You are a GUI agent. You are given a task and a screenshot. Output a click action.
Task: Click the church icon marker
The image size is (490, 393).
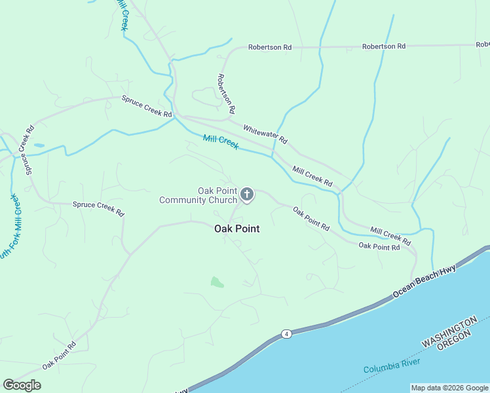pyautogui.click(x=247, y=195)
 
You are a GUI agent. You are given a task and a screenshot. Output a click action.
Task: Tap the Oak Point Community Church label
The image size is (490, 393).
pyautogui.click(x=198, y=195)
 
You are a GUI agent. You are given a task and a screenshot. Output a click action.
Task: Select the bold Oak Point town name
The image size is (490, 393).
pyautogui.click(x=237, y=229)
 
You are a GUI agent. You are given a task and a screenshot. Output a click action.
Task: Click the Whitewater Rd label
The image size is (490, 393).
pyautogui.click(x=265, y=135)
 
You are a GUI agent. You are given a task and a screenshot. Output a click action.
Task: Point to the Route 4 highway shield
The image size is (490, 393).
pyautogui.click(x=287, y=334)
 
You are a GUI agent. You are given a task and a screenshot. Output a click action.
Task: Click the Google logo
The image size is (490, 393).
pyautogui.click(x=22, y=385)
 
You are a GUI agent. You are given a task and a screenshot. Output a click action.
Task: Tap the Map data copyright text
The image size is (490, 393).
pyautogui.click(x=450, y=388)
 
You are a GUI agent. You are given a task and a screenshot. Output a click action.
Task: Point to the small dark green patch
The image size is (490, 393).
pyautogui.click(x=217, y=282)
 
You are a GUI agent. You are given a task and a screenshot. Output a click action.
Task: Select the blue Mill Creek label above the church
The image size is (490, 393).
pyautogui.click(x=221, y=142)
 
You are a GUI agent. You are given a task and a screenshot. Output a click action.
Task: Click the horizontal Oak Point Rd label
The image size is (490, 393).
pyautogui.click(x=379, y=246)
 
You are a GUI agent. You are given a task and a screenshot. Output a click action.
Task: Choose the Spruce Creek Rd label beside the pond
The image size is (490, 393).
pyautogui.click(x=28, y=150)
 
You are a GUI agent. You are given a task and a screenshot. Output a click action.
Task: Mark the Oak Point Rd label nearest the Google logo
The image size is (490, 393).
pyautogui.click(x=59, y=356)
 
